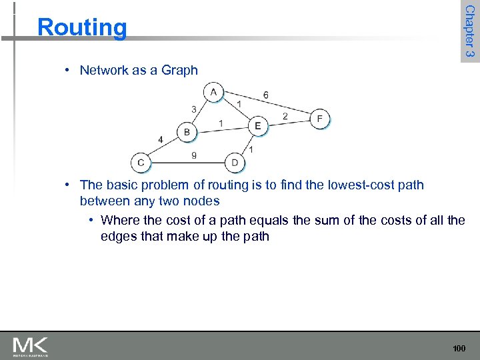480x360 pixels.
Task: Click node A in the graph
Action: (x=214, y=92)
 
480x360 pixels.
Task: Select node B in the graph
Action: (x=187, y=132)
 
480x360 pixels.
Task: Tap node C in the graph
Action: (x=141, y=162)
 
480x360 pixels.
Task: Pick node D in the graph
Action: (x=235, y=162)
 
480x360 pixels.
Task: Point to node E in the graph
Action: (x=257, y=125)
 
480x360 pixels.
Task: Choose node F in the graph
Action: (x=320, y=119)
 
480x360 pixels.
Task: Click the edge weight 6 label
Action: (x=266, y=95)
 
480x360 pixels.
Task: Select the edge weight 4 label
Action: (x=160, y=139)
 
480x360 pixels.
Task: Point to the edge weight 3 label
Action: (x=193, y=109)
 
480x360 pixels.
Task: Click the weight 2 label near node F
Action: (x=285, y=116)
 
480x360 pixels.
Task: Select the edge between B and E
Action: (x=222, y=129)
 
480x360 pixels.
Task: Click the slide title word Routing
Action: (x=82, y=27)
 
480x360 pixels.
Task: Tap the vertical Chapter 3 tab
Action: (x=469, y=31)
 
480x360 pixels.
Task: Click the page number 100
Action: (x=459, y=348)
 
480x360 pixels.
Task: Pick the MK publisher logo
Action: (x=31, y=346)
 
